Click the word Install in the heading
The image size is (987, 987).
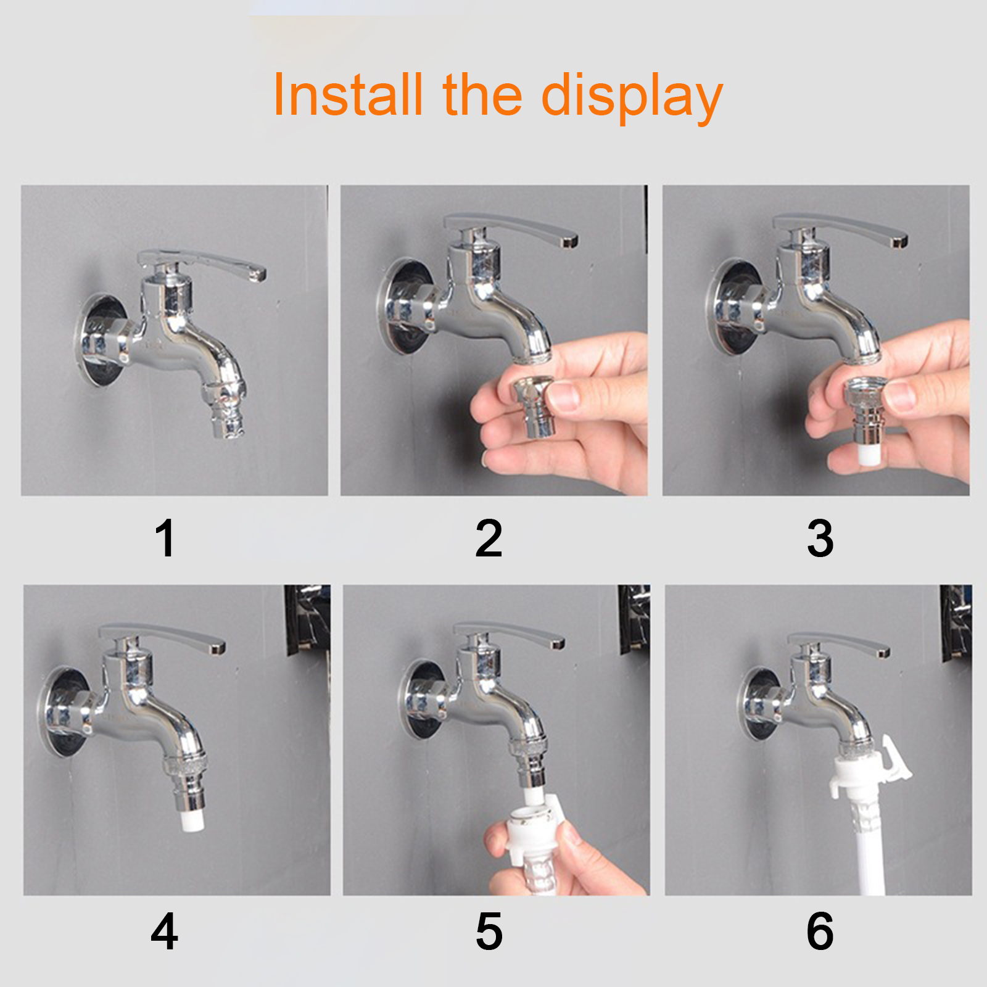click(348, 95)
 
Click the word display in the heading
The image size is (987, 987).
click(632, 97)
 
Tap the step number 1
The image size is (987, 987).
click(165, 538)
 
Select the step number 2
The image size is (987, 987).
click(489, 538)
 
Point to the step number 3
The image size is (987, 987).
click(820, 538)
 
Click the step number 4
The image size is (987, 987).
click(164, 931)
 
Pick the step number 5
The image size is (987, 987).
click(489, 931)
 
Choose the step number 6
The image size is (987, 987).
click(820, 931)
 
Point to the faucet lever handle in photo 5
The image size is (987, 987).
click(509, 635)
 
